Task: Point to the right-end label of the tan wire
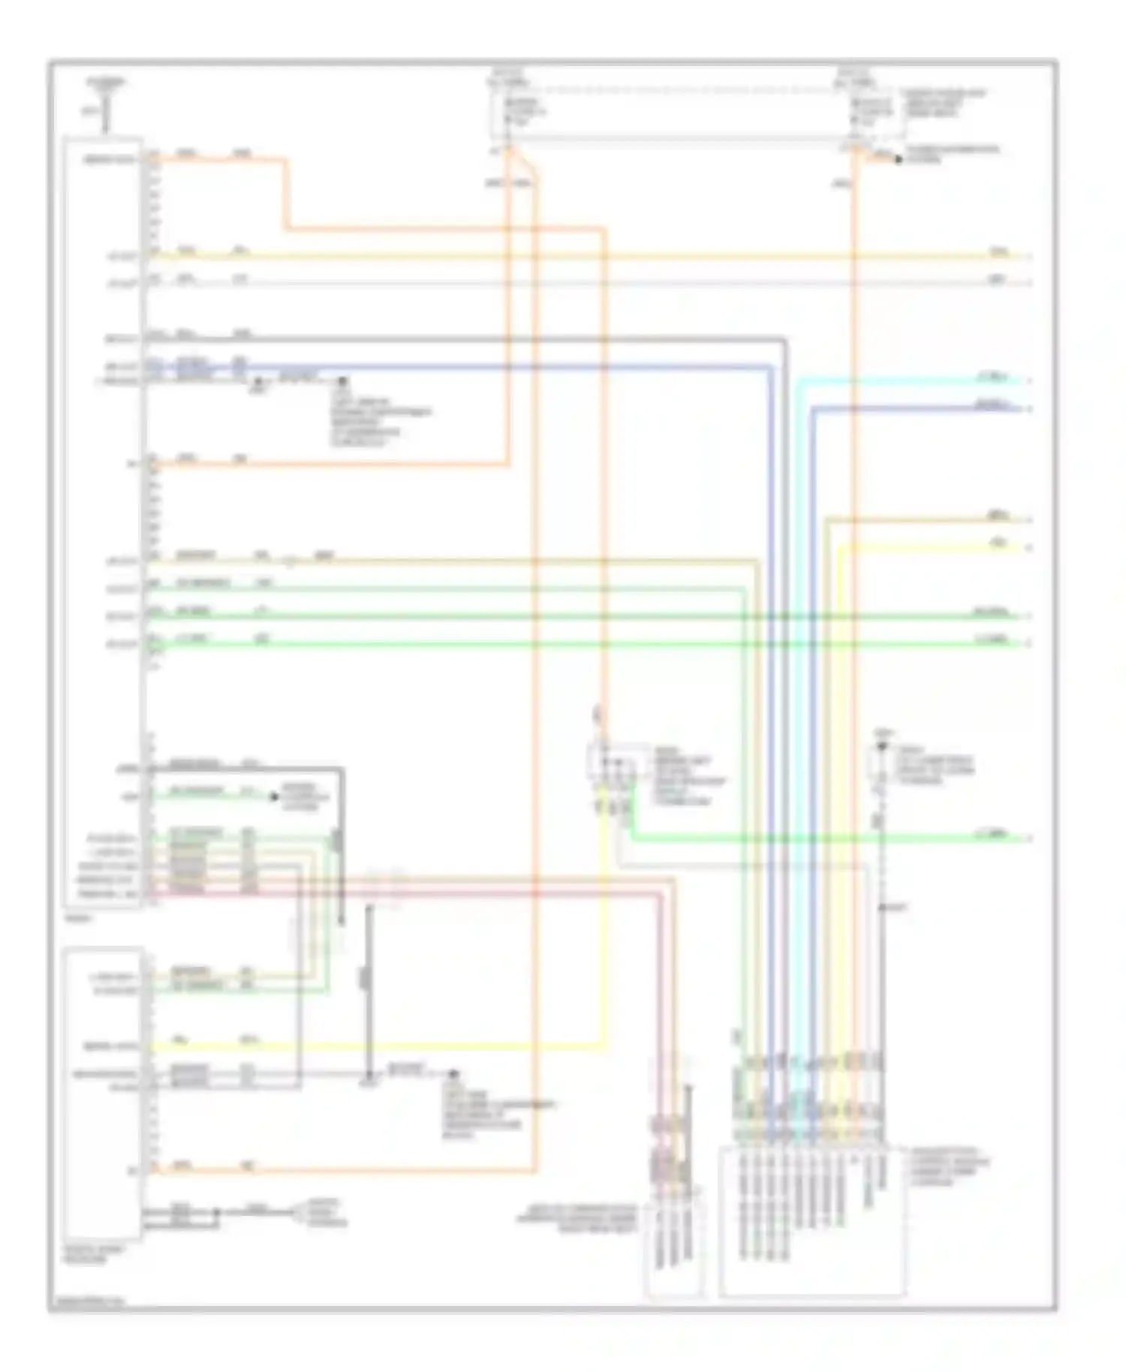click(x=998, y=516)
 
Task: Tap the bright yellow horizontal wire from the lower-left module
click(x=375, y=1046)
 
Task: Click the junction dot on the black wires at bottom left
click(x=217, y=1213)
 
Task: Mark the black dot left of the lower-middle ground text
click(x=453, y=1075)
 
